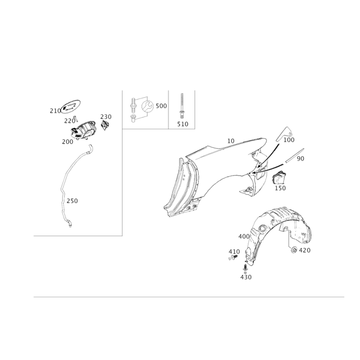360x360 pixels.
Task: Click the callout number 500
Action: [161, 106]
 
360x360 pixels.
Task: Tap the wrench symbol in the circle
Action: [147, 106]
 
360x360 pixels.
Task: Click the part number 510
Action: [183, 124]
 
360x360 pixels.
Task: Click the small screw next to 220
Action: [75, 119]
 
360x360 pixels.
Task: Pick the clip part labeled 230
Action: [105, 125]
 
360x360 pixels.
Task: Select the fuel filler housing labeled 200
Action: [83, 130]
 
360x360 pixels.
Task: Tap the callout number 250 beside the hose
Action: [72, 201]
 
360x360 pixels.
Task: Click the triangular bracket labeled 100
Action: [285, 134]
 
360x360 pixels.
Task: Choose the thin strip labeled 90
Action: [295, 155]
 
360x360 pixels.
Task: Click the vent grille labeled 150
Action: [279, 177]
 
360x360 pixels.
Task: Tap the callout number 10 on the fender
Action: [231, 141]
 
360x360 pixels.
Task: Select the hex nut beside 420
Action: [294, 250]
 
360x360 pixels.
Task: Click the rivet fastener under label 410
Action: [233, 257]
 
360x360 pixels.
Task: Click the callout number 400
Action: [244, 236]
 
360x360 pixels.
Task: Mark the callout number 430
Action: [246, 277]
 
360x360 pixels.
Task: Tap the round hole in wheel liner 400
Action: [262, 229]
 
